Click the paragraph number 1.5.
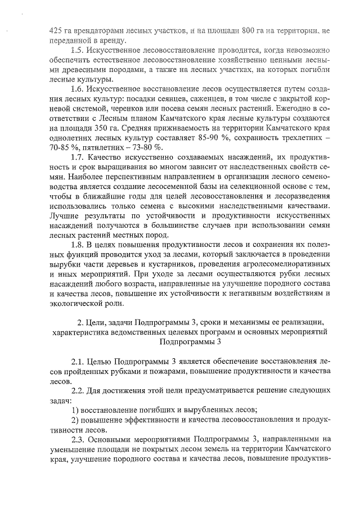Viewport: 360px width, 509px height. pos(77,49)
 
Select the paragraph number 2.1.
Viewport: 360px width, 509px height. pos(77,360)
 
